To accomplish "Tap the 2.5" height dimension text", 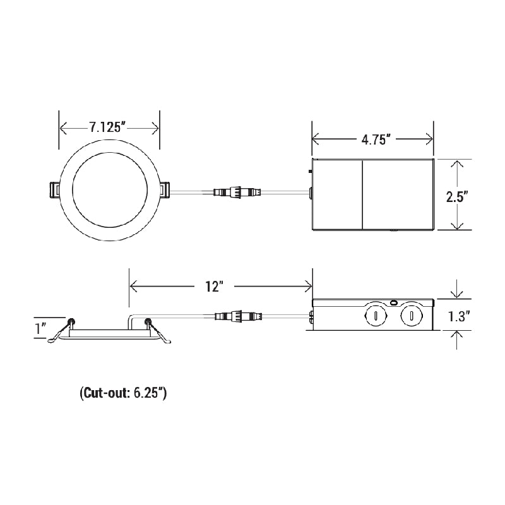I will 455,196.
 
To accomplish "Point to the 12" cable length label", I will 215,287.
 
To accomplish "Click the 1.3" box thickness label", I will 456,317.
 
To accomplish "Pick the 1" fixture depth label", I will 42,328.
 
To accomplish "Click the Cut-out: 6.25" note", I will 124,393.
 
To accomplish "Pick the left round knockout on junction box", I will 376,314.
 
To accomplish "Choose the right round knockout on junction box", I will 412,314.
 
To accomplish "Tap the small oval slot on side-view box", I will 394,303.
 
